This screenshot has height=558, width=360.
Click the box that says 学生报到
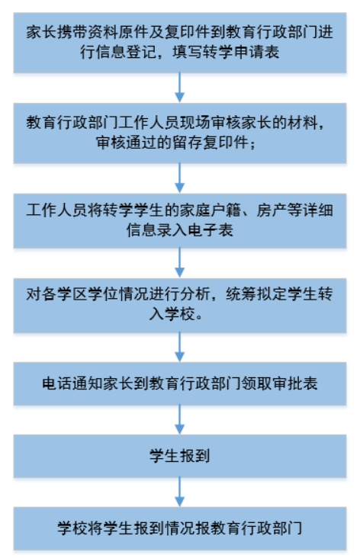click(180, 456)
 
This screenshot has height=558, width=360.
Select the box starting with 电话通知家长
click(180, 383)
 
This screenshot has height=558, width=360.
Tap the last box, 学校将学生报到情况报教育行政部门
click(180, 528)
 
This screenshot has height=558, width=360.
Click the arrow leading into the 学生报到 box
click(180, 419)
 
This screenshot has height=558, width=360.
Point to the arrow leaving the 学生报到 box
click(180, 492)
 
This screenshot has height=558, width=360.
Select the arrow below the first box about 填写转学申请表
click(180, 88)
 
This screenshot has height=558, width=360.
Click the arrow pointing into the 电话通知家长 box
click(180, 348)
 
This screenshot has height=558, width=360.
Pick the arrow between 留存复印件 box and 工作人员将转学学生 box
click(180, 178)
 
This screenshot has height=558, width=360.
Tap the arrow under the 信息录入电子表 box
click(180, 263)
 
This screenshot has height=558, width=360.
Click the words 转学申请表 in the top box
click(241, 52)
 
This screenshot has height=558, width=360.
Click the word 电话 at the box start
click(57, 383)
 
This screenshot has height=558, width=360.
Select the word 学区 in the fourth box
click(72, 294)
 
